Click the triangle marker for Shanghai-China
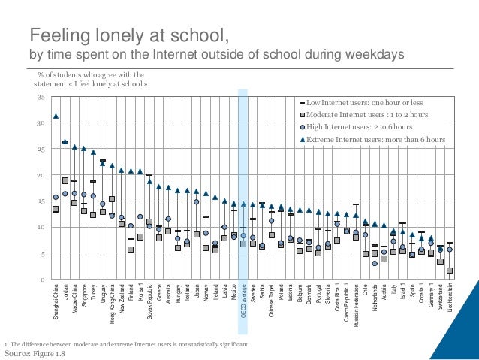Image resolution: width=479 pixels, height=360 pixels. (x=56, y=116)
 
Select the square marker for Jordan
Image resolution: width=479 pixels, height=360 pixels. (x=65, y=180)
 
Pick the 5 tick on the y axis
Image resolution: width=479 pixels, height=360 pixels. (x=42, y=254)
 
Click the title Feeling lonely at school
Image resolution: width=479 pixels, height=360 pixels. (x=128, y=35)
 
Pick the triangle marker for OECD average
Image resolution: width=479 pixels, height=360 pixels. (x=243, y=204)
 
